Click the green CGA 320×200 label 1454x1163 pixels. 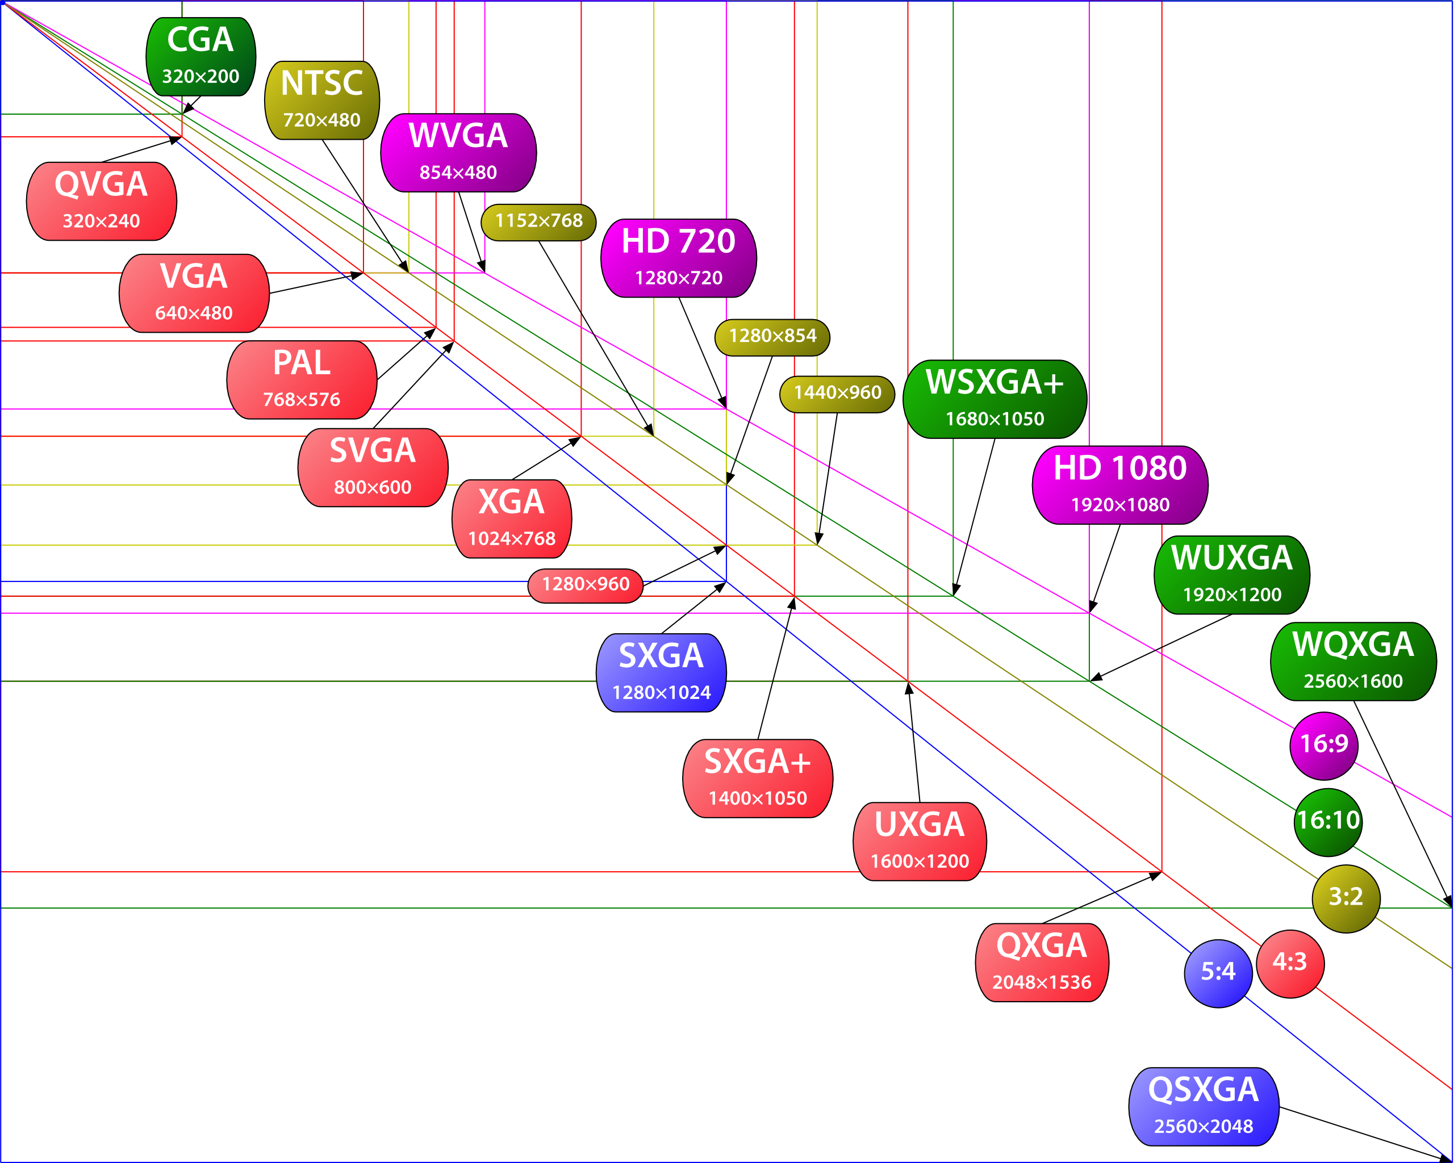200,57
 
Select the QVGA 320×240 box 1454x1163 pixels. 101,201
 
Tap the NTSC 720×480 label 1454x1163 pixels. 321,101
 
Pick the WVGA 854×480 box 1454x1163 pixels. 458,152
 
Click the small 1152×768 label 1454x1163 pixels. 538,221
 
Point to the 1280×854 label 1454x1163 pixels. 772,336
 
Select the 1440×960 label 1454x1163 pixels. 837,393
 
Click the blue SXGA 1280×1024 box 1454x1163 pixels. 661,672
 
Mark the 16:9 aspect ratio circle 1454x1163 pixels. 1323,744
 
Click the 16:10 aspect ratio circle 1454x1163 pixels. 1328,821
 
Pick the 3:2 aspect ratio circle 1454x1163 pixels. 1346,897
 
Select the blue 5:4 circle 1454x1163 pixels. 1218,972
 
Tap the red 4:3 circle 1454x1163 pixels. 1289,962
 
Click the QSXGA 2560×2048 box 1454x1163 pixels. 1203,1106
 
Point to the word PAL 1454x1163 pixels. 302,363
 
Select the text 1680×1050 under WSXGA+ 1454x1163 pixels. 994,419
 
